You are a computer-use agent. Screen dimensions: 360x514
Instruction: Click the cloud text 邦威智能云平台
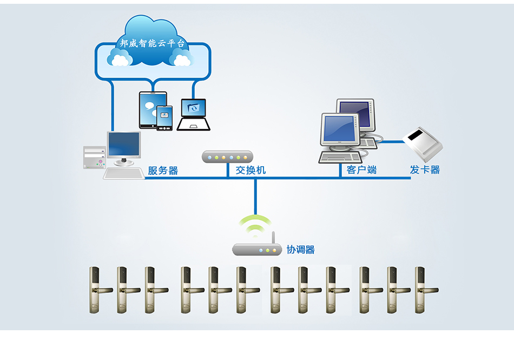(x=152, y=43)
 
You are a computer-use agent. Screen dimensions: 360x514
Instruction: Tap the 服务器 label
(x=163, y=171)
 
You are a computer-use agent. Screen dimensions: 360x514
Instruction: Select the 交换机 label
(x=251, y=170)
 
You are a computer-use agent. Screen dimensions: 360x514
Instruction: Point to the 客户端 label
(x=361, y=170)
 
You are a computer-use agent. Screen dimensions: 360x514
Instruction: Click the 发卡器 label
(x=425, y=170)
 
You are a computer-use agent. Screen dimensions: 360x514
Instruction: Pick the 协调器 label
(x=301, y=250)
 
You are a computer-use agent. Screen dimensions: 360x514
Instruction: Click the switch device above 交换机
(x=227, y=157)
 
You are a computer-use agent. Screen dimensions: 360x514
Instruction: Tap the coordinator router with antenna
(x=257, y=250)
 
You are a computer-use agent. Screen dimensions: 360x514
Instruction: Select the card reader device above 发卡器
(x=424, y=143)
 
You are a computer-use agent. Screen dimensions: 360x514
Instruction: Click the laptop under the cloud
(x=193, y=114)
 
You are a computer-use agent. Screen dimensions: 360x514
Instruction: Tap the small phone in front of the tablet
(x=164, y=117)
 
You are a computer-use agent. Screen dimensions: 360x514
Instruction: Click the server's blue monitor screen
(x=124, y=144)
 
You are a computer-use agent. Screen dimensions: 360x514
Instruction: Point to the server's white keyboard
(x=124, y=173)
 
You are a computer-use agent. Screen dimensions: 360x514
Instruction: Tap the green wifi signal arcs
(x=255, y=225)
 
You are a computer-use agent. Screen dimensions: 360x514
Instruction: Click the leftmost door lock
(x=96, y=290)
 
